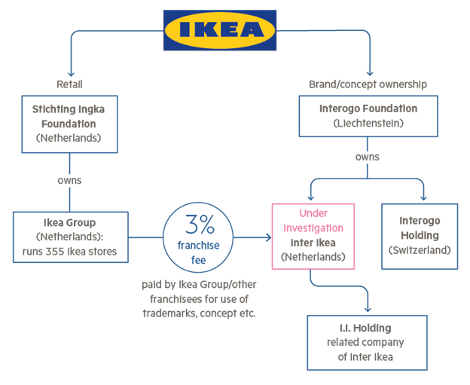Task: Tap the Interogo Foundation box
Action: click(368, 116)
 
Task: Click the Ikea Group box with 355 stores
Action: click(69, 236)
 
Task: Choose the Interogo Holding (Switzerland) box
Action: click(420, 236)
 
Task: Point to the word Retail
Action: click(69, 84)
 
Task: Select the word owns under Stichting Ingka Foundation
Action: click(69, 181)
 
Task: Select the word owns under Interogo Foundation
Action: click(368, 157)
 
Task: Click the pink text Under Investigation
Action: click(313, 221)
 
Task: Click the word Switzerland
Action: click(420, 249)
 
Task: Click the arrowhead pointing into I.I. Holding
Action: click(368, 309)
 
